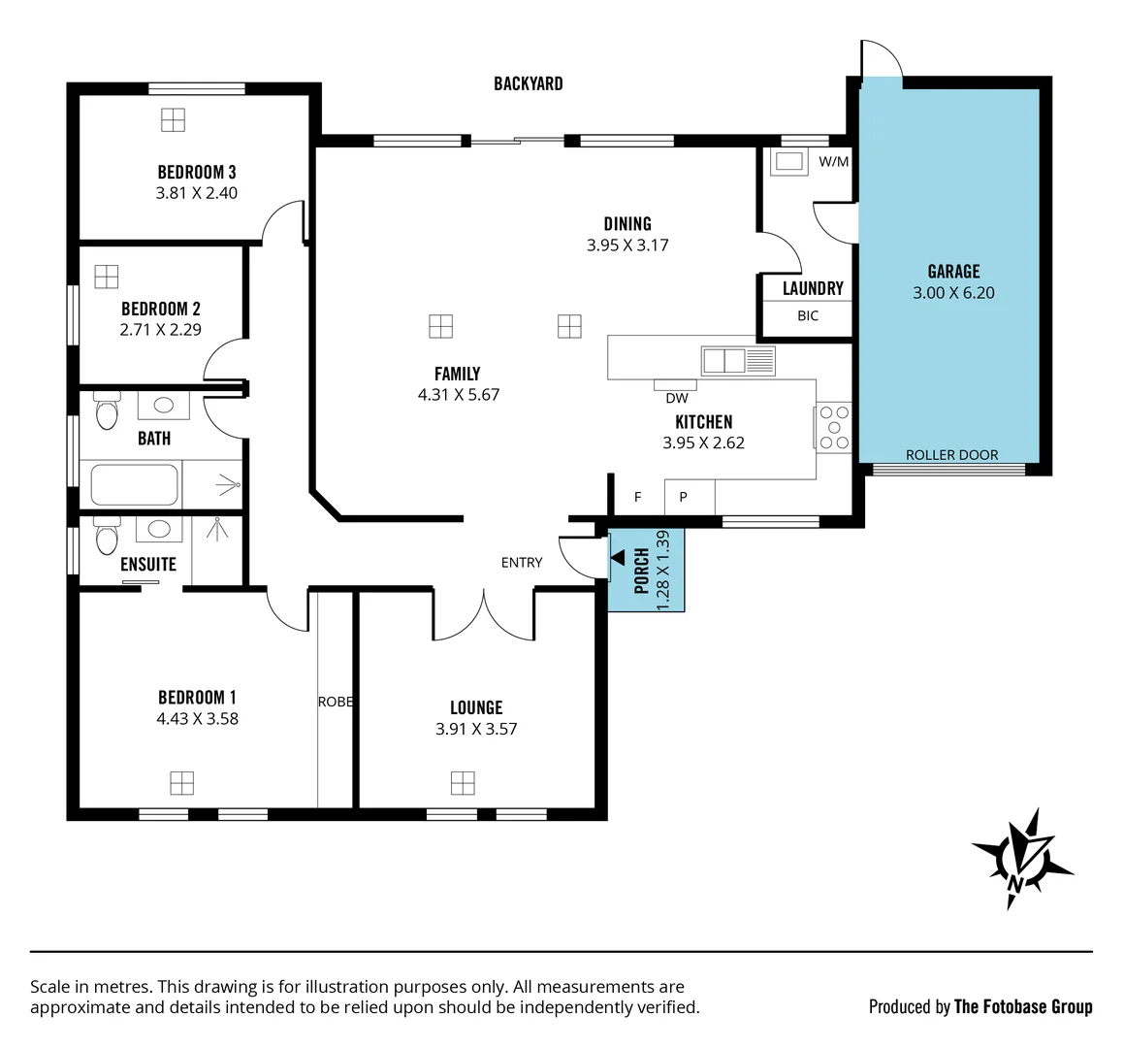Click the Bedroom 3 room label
[197, 172]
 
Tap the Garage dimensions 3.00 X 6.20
[953, 293]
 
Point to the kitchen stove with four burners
[832, 427]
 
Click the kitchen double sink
[738, 361]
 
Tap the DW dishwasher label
[677, 398]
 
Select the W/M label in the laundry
[833, 162]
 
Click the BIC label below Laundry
[808, 315]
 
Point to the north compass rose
[1022, 859]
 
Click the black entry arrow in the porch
[618, 556]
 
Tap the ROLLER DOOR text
[951, 454]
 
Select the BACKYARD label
[528, 83]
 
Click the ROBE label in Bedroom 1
[336, 702]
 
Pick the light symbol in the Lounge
[463, 782]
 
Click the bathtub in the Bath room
[135, 485]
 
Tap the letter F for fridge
[638, 497]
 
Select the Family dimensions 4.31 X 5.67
[458, 395]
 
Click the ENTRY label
[522, 563]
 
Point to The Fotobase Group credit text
[1023, 1006]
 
